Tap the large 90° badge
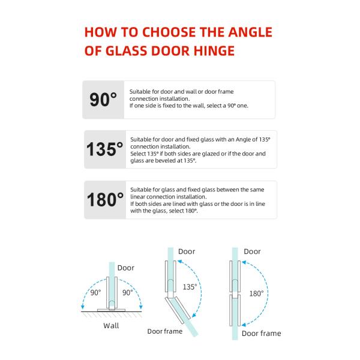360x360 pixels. [x=103, y=100]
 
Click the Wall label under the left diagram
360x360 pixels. [x=110, y=326]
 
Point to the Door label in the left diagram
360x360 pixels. [x=126, y=268]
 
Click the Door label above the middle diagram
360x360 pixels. [x=186, y=252]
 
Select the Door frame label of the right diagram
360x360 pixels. [x=261, y=333]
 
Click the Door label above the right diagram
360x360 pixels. [x=253, y=252]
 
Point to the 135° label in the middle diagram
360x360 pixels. [x=190, y=287]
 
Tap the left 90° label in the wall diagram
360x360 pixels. [x=95, y=293]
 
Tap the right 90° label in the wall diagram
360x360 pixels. [x=127, y=293]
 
